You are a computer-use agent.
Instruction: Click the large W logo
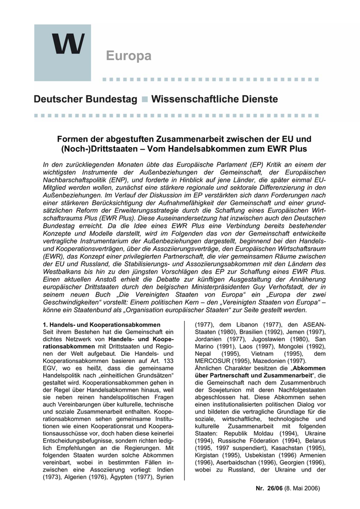point(68,44)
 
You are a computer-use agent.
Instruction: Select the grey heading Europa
point(129,56)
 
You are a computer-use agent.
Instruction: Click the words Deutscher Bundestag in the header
point(86,99)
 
